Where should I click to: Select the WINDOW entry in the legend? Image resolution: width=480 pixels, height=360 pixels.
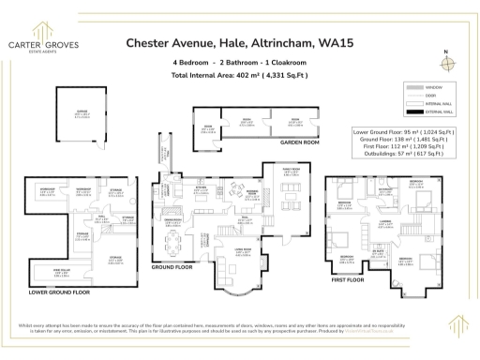[x=426, y=86]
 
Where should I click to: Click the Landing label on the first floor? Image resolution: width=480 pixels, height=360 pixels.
[x=384, y=223]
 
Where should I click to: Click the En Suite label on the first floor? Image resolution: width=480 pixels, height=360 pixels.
[x=378, y=252]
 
